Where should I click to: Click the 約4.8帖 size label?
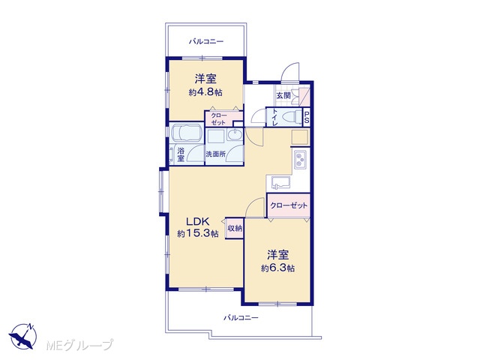click(x=205, y=92)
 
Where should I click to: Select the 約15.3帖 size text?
click(x=198, y=234)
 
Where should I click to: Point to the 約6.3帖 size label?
click(x=277, y=268)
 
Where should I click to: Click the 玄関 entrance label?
click(x=283, y=95)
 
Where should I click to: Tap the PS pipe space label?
click(x=307, y=117)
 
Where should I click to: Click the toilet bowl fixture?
click(x=292, y=117)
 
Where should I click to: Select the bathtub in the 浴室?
click(x=186, y=133)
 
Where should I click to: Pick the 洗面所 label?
click(x=216, y=154)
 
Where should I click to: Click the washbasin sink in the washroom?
click(x=235, y=134)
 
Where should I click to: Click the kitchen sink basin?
click(x=280, y=183)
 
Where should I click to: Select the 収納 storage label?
click(x=235, y=228)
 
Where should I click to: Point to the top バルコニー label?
click(x=206, y=41)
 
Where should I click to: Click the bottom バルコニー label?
click(x=241, y=318)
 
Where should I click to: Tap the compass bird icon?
click(x=22, y=336)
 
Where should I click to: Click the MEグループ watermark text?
click(x=79, y=345)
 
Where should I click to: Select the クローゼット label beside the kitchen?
click(x=289, y=205)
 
